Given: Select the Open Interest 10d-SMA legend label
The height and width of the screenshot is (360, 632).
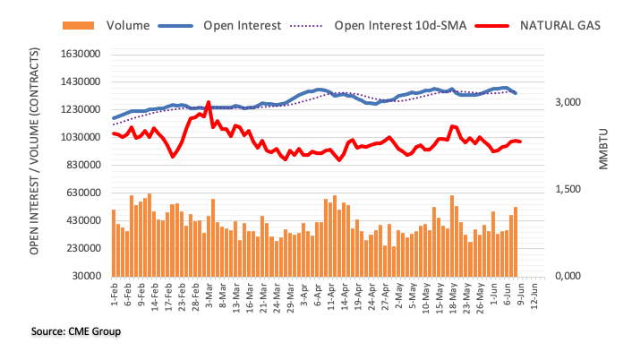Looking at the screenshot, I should (x=399, y=24).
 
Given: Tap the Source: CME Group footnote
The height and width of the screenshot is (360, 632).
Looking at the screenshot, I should (x=75, y=331).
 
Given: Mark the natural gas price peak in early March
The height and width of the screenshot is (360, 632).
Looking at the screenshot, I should (x=208, y=103).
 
